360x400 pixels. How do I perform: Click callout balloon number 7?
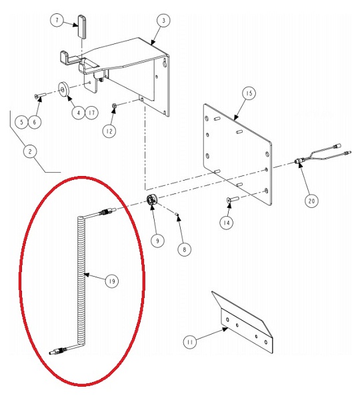tap(57, 21)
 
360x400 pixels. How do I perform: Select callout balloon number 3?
tap(164, 21)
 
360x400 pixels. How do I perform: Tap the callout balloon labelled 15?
tap(249, 93)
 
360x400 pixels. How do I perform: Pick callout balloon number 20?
tap(311, 201)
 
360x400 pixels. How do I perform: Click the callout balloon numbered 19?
tap(112, 281)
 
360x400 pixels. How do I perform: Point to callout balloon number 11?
tap(190, 342)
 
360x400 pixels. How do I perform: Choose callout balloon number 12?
tap(109, 131)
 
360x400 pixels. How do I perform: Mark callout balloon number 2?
tap(30, 151)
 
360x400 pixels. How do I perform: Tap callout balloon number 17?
tap(91, 113)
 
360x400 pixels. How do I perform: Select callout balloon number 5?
tap(22, 122)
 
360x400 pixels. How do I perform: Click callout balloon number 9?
tap(157, 241)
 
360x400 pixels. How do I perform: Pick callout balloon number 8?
tap(185, 249)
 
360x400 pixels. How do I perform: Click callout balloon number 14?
tap(227, 223)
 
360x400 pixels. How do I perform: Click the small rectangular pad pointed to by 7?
tap(81, 27)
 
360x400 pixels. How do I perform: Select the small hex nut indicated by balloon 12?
tap(115, 105)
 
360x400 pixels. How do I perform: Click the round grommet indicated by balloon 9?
tap(152, 200)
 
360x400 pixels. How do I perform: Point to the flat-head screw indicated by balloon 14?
tap(232, 199)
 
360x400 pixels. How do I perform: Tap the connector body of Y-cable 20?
tap(298, 161)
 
